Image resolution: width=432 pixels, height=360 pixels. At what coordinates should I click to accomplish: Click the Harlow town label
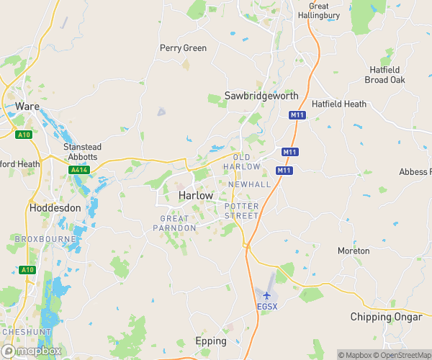pos(195,196)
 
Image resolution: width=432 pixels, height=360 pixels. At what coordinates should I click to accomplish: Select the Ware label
pos(27,107)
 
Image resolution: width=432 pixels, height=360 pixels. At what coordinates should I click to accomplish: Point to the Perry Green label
pos(183,48)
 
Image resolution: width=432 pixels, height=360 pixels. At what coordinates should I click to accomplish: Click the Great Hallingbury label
pos(314,11)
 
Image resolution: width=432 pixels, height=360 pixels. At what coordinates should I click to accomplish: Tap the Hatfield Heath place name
pos(339,104)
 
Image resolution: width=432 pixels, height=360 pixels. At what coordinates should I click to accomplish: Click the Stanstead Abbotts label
pos(83,152)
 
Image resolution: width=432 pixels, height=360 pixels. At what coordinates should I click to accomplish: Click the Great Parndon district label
pos(174,223)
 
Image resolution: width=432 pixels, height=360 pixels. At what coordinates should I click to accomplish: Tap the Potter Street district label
pos(241,211)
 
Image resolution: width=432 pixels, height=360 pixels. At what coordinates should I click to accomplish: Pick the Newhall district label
pos(248,185)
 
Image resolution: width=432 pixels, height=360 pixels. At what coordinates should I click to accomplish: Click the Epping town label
pos(211,341)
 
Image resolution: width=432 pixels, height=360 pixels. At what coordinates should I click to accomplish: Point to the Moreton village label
pos(354,251)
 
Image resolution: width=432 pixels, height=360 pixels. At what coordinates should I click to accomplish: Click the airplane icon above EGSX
pos(266,295)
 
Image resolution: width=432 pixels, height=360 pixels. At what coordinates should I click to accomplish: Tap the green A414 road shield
pos(79,170)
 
